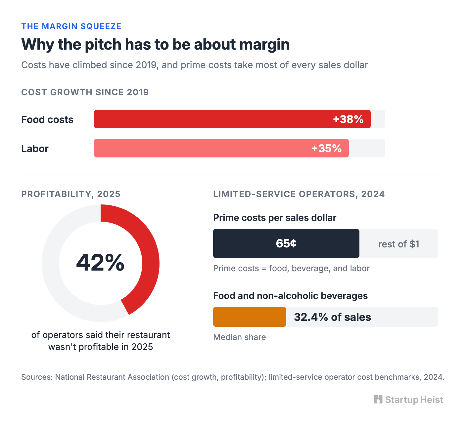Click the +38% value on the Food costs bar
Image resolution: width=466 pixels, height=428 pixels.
(348, 119)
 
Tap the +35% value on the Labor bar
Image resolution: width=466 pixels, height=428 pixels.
(326, 149)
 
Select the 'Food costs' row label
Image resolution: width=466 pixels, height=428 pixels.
(47, 120)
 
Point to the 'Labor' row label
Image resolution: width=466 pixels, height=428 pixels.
(35, 149)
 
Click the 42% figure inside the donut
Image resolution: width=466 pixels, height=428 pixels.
(100, 263)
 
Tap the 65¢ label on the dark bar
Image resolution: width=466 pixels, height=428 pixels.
(286, 243)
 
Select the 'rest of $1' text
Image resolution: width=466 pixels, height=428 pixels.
(398, 244)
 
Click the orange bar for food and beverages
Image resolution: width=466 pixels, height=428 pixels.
(250, 317)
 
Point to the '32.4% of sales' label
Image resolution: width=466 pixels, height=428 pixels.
(332, 317)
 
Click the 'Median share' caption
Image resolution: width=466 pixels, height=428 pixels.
(240, 337)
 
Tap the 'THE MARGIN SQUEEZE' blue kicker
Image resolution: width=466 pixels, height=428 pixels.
(71, 26)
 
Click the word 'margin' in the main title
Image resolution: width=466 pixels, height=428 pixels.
(264, 45)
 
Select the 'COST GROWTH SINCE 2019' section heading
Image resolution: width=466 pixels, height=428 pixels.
(85, 92)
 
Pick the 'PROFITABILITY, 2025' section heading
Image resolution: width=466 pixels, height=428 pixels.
(71, 194)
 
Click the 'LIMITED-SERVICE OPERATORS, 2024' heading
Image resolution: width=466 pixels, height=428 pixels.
(299, 194)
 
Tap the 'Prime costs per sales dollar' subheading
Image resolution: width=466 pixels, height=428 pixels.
(275, 218)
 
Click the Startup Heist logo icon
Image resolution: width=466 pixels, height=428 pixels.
(378, 400)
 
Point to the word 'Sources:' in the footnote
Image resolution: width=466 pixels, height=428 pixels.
(37, 377)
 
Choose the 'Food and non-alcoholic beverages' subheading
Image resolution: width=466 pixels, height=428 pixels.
(290, 296)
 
